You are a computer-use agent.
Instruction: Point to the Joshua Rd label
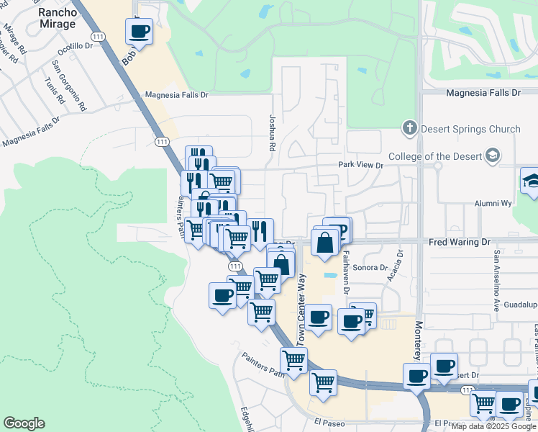pyautogui.click(x=272, y=133)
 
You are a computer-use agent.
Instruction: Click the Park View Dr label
pyautogui.click(x=361, y=165)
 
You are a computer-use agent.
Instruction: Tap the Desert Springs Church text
pyautogui.click(x=470, y=129)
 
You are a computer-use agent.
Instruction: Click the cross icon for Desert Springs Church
pyautogui.click(x=410, y=129)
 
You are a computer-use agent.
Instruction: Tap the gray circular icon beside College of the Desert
pyautogui.click(x=493, y=156)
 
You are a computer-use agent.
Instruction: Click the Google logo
pyautogui.click(x=24, y=423)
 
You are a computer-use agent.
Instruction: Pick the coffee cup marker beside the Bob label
pyautogui.click(x=139, y=32)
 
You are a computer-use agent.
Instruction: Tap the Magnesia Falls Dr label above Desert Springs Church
pyautogui.click(x=483, y=93)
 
